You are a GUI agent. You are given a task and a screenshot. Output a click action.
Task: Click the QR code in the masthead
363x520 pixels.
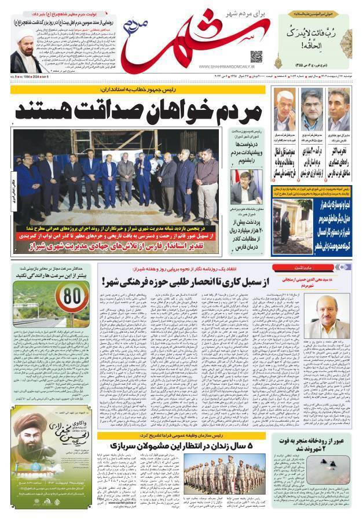[256, 57]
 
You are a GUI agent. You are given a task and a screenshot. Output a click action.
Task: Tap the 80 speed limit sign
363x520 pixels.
[75, 297]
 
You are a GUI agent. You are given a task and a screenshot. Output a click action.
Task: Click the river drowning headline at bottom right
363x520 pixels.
[316, 444]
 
